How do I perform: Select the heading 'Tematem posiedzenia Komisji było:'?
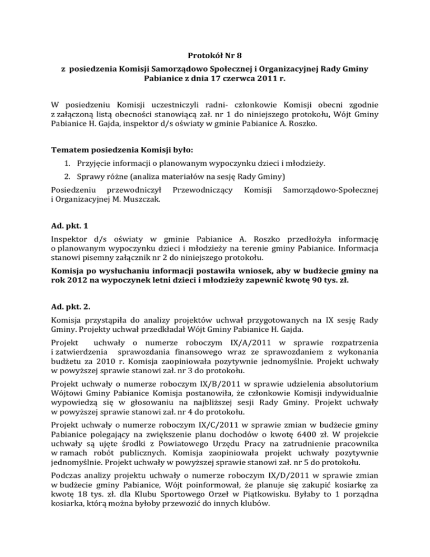tap(120, 151)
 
